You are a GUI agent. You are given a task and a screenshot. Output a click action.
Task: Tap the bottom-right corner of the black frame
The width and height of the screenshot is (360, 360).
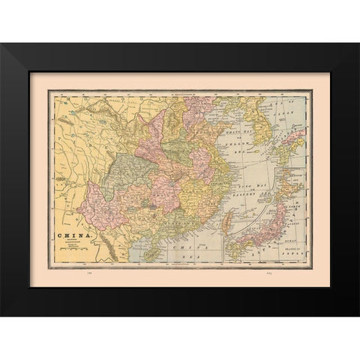tap(357, 315)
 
